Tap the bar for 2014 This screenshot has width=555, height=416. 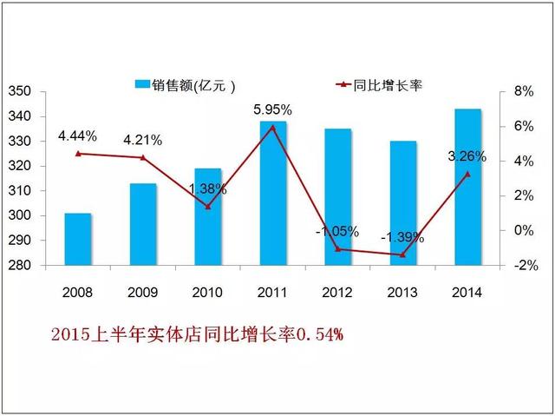[x=469, y=187]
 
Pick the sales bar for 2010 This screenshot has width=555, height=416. [x=208, y=217]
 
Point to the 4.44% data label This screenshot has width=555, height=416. [x=77, y=135]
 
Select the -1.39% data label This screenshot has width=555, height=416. [x=402, y=237]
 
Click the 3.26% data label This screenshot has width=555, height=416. [x=467, y=157]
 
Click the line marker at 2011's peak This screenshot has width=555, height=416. [x=274, y=127]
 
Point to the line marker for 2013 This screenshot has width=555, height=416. [x=403, y=254]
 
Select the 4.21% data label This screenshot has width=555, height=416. [x=142, y=140]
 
